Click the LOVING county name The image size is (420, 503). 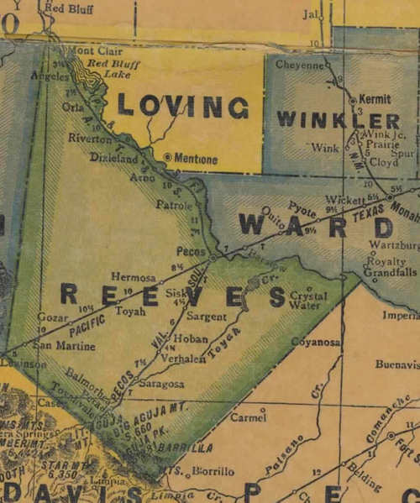(182, 106)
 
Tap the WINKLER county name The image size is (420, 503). (338, 119)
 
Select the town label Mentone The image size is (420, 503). (196, 157)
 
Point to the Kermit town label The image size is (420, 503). (374, 98)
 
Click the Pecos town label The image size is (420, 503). (192, 250)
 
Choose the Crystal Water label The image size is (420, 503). (308, 300)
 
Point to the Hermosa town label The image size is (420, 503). (133, 277)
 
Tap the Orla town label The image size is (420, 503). (73, 107)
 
